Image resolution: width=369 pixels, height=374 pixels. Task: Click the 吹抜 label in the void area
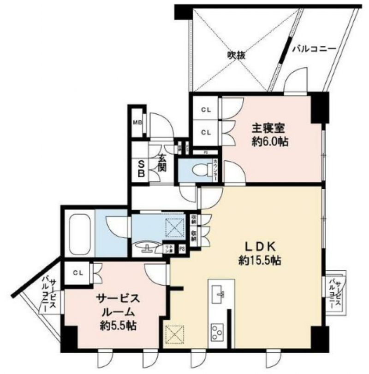coord(236,55)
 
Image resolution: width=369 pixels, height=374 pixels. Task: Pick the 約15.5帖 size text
coord(261,261)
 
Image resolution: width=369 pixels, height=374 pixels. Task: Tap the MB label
coord(137,123)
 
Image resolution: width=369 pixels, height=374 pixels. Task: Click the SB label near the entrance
coord(140,168)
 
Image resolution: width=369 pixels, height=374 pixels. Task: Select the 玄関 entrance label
coord(162,164)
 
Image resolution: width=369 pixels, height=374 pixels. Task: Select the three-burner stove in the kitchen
coord(218,331)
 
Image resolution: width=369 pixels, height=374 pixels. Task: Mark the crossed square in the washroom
coord(176,226)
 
